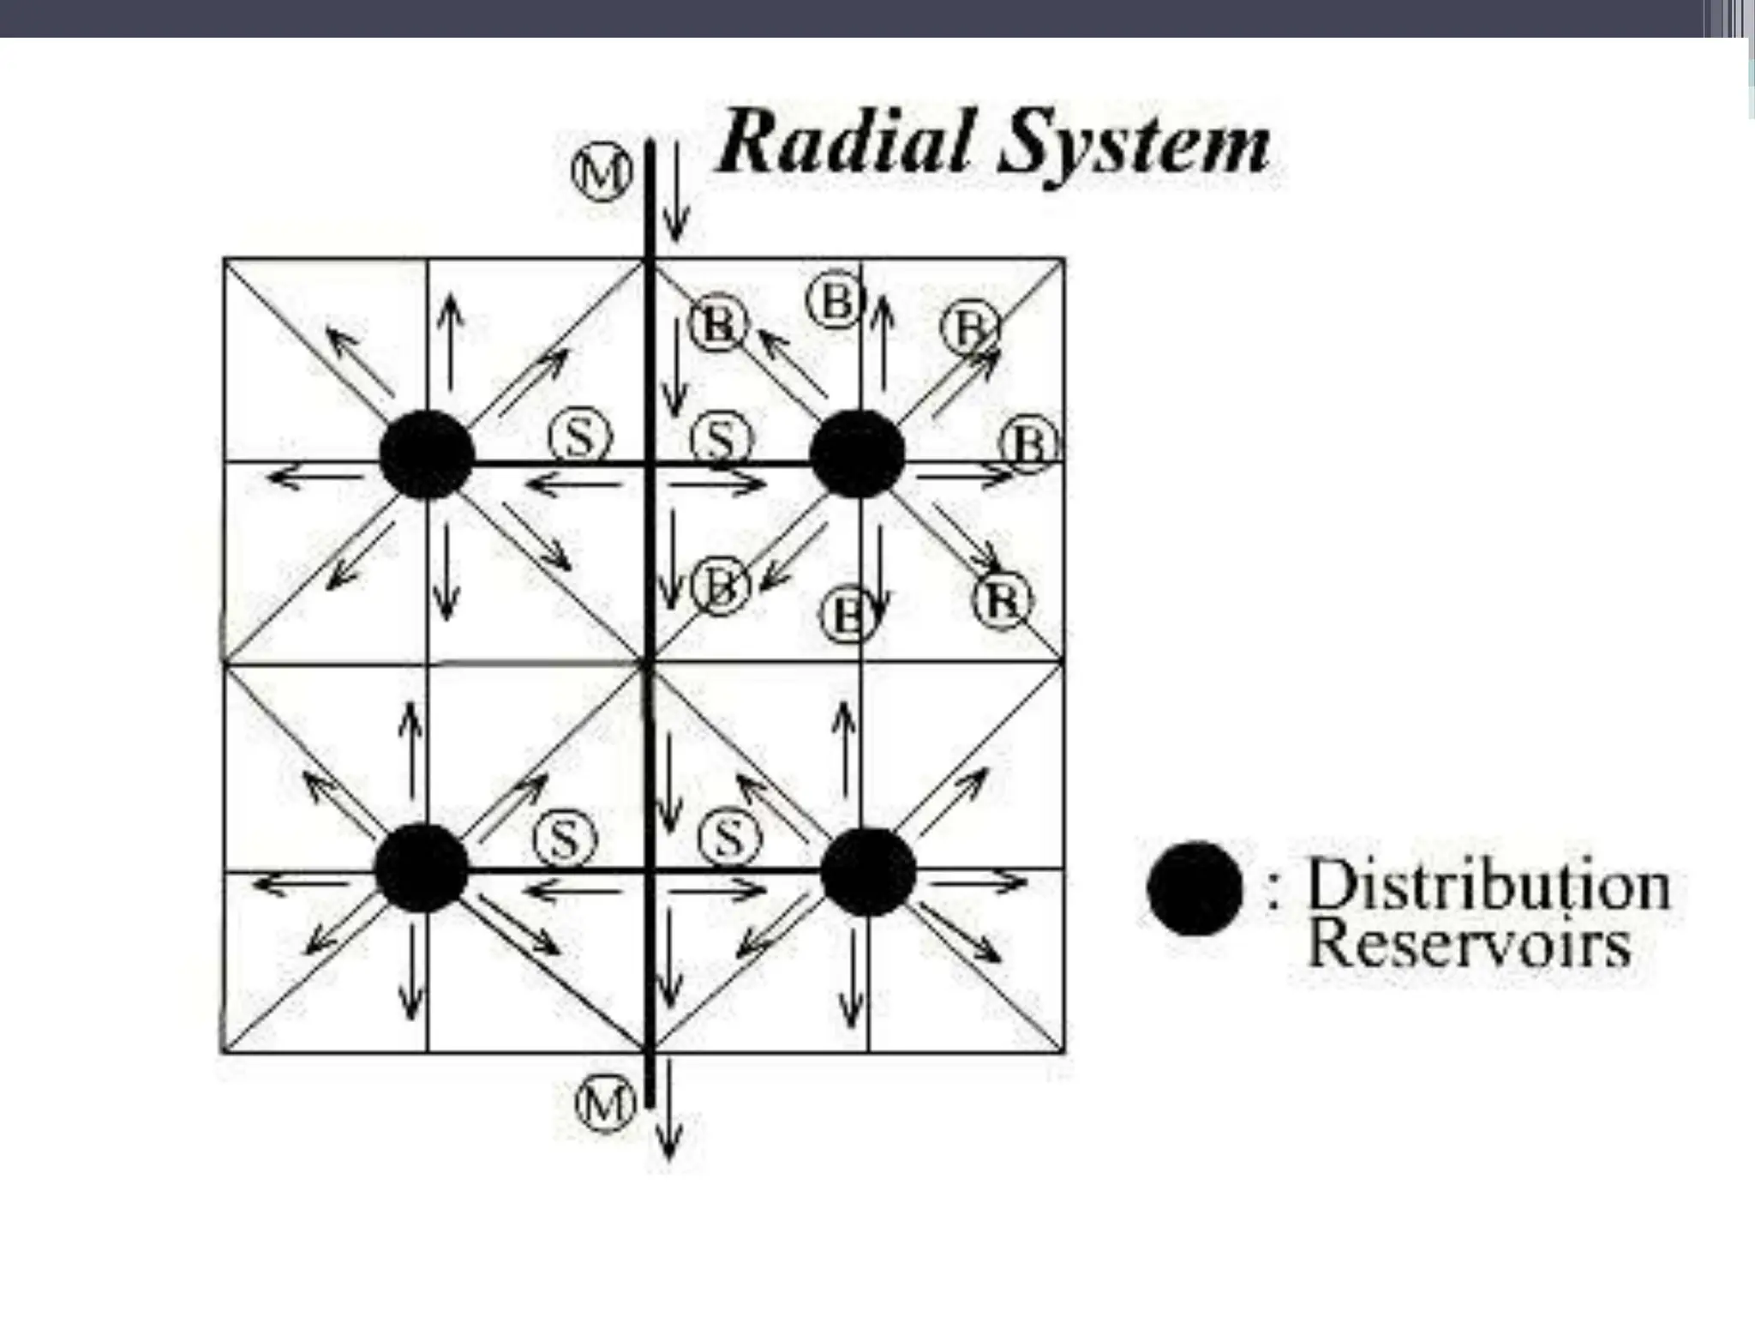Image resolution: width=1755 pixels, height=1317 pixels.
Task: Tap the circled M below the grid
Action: (x=605, y=1103)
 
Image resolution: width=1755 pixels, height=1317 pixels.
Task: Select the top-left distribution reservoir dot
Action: (x=427, y=454)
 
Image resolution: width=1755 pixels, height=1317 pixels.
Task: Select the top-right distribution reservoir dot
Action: (x=857, y=454)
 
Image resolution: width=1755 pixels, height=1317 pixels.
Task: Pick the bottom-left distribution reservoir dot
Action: (x=422, y=868)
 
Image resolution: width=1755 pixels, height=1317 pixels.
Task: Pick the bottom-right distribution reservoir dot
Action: (x=868, y=871)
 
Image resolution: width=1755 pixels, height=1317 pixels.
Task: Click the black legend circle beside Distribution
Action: (x=1195, y=888)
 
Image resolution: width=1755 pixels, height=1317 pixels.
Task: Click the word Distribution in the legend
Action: (x=1488, y=885)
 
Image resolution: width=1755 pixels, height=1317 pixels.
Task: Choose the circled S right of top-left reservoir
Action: (x=580, y=437)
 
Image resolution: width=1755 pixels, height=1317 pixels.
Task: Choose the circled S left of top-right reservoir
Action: (x=722, y=440)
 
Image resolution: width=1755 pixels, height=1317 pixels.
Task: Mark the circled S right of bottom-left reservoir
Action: (x=565, y=839)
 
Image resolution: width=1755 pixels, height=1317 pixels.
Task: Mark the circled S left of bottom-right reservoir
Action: (x=729, y=838)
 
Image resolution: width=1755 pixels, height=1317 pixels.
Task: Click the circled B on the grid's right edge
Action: (x=1030, y=443)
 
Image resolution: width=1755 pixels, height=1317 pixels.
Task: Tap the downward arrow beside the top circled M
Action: (x=676, y=193)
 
